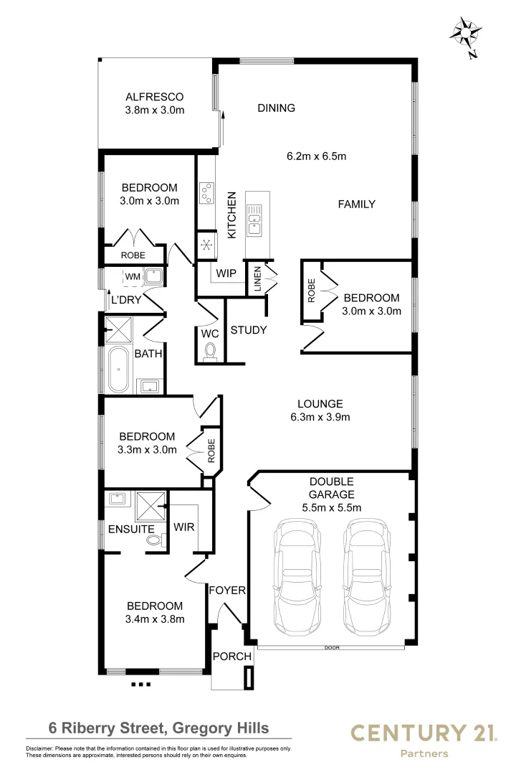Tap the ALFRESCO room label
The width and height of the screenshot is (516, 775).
[x=155, y=97]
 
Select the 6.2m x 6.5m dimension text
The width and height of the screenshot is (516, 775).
[x=317, y=156]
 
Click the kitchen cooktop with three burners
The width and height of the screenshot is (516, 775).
[x=206, y=192]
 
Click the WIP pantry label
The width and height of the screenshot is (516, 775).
[x=226, y=273]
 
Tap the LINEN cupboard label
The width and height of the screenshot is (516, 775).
[x=256, y=279]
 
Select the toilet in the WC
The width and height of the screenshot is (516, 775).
[x=210, y=351]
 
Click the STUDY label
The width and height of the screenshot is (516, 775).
[x=249, y=331]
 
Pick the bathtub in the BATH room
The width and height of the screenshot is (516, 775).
[x=118, y=370]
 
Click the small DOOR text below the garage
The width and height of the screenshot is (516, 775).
[x=332, y=648]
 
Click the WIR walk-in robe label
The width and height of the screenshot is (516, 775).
[x=184, y=527]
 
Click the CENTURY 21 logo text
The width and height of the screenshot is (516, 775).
[x=423, y=733]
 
